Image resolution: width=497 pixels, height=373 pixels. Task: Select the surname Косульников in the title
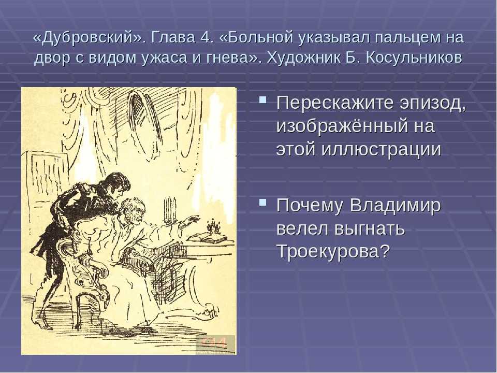coord(414,58)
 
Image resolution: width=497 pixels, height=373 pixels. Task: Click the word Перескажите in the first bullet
coord(335,104)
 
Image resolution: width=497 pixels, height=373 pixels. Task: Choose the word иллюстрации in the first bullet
coord(381,149)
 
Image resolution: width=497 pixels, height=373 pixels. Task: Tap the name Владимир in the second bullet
coord(395,206)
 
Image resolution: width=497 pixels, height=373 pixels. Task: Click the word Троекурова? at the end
coord(333,251)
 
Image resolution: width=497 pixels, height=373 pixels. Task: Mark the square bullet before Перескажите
coord(262,100)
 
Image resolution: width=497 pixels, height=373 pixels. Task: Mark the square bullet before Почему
coord(262,203)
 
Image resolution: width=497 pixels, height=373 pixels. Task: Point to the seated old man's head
coord(133,210)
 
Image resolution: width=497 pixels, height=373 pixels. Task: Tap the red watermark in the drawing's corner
coord(215,343)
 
